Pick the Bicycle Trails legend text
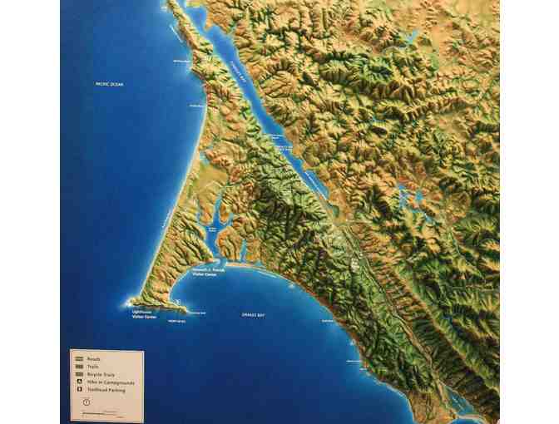[99, 373]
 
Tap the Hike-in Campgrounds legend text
[108, 382]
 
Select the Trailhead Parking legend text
[104, 390]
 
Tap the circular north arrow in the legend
[86, 402]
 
